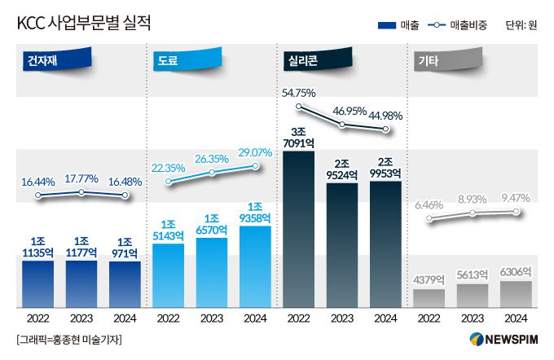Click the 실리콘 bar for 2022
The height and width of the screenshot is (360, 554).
[300, 228]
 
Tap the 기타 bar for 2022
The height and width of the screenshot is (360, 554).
[429, 298]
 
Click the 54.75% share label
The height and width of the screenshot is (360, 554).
[299, 92]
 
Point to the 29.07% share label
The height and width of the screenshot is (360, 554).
[255, 152]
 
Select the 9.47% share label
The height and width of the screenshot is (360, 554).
[517, 198]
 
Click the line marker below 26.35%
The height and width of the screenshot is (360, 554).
[212, 172]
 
